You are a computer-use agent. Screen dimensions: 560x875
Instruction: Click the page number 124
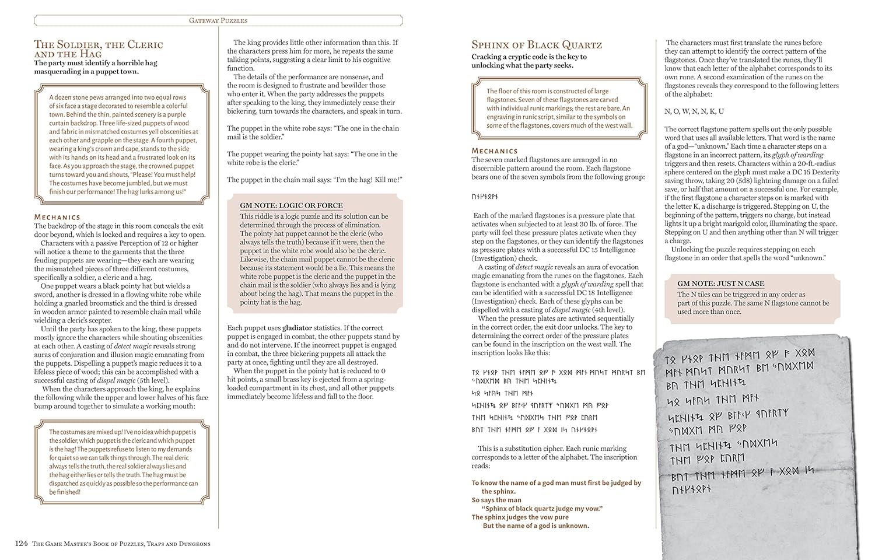pos(20,544)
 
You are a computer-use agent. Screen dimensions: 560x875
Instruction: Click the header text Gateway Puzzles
pos(218,20)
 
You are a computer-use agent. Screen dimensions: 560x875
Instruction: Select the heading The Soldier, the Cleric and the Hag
pos(98,48)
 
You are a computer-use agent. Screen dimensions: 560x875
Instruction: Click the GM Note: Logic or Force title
pos(291,205)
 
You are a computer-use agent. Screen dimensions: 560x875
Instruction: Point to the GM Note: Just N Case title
pos(720,283)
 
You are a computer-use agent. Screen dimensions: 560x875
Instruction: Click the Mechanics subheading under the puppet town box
pos(57,217)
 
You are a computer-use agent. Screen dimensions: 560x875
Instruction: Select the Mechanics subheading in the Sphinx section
pos(495,151)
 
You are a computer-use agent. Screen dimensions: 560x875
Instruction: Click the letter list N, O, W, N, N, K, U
pos(694,111)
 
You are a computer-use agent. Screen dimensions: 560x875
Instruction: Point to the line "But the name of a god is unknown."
pos(535,526)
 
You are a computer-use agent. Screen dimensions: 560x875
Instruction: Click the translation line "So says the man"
pos(496,500)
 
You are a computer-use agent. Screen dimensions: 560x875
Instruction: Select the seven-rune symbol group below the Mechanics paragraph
pos(485,197)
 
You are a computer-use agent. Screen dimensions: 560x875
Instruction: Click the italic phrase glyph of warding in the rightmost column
pos(798,155)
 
